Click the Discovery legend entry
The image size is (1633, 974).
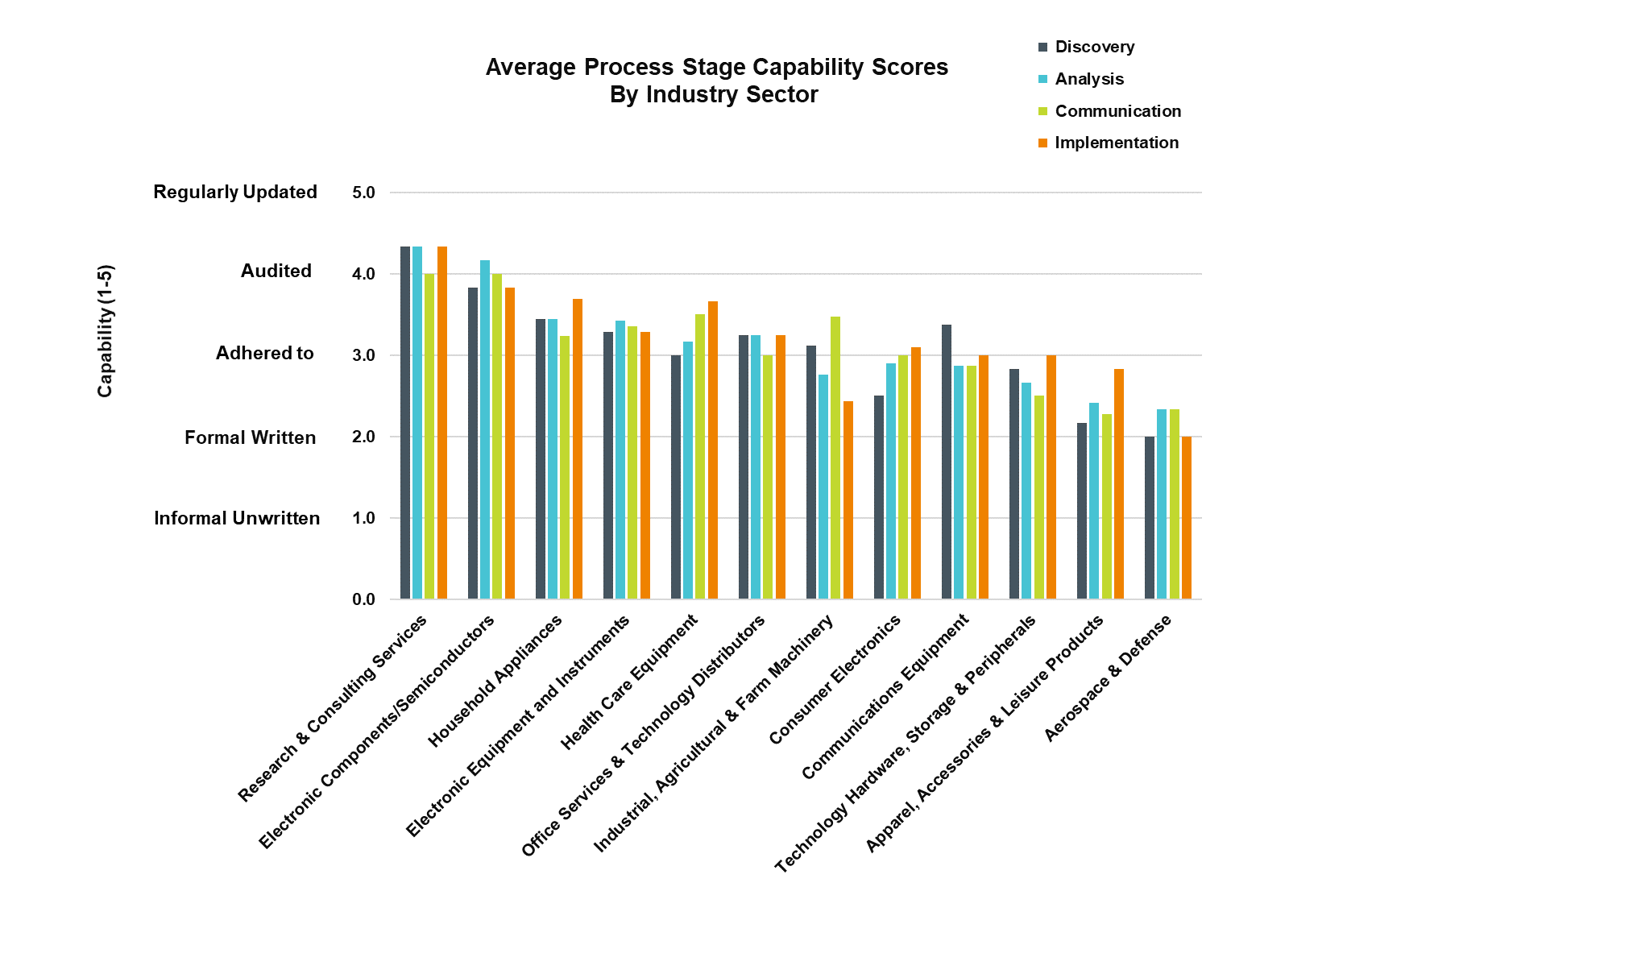click(x=1094, y=47)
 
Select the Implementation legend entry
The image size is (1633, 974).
click(x=1116, y=143)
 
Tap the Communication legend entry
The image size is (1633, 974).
click(x=1117, y=111)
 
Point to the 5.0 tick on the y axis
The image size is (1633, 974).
click(x=363, y=193)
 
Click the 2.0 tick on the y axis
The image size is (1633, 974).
click(x=363, y=437)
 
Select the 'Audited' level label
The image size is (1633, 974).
click(x=276, y=271)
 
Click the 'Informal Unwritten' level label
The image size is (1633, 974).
click(x=237, y=518)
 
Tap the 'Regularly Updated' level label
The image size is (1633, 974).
click(x=235, y=192)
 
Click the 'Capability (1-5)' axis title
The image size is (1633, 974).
click(x=106, y=331)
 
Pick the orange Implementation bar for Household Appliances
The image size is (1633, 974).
click(x=578, y=449)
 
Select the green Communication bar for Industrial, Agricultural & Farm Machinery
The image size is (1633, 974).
click(x=835, y=458)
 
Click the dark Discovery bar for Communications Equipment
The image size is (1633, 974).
click(x=947, y=462)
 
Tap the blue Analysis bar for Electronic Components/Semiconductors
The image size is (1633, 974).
click(x=485, y=429)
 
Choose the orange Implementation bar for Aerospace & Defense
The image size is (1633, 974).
click(x=1187, y=517)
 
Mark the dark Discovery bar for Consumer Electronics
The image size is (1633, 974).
click(x=879, y=497)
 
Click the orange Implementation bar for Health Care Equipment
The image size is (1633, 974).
click(x=713, y=450)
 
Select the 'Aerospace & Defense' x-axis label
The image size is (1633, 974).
click(x=1109, y=678)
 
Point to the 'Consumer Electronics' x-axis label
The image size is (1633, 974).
click(x=835, y=680)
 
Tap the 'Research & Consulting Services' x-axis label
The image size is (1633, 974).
click(x=333, y=709)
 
